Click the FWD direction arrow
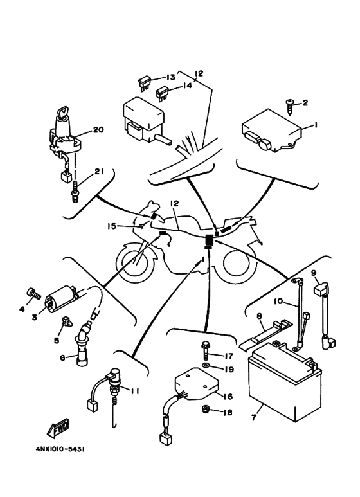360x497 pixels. click(x=58, y=428)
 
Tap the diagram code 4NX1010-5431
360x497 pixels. click(x=60, y=449)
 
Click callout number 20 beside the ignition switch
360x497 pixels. click(x=98, y=130)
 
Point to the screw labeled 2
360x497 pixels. click(x=290, y=107)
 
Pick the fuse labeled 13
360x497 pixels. click(x=144, y=82)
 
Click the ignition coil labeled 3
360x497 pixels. click(x=62, y=297)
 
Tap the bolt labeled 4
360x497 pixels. click(x=33, y=294)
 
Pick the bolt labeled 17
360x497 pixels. click(x=204, y=350)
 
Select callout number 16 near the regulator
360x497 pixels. click(x=228, y=396)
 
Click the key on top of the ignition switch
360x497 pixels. click(x=63, y=113)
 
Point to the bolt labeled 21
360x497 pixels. click(x=75, y=192)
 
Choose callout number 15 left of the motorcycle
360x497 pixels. click(x=112, y=226)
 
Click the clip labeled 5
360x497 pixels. click(x=66, y=321)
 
